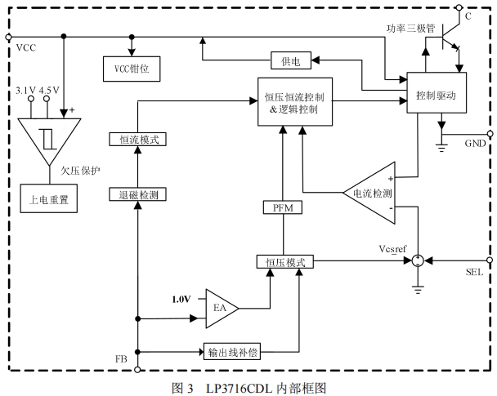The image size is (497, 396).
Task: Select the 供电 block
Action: coord(291,60)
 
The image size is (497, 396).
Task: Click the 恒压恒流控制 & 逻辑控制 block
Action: coord(296,101)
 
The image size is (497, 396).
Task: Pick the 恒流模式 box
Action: coord(138,139)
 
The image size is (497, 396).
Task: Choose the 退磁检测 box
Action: coord(138,194)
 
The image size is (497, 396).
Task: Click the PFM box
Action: coord(283,208)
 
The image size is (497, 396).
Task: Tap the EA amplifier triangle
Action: coord(220,307)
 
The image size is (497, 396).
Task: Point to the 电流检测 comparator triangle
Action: coord(372,194)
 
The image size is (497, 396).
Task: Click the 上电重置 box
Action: coord(48,198)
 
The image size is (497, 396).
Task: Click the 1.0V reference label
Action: coord(180,299)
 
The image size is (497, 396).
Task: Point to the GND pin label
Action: coord(475,143)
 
